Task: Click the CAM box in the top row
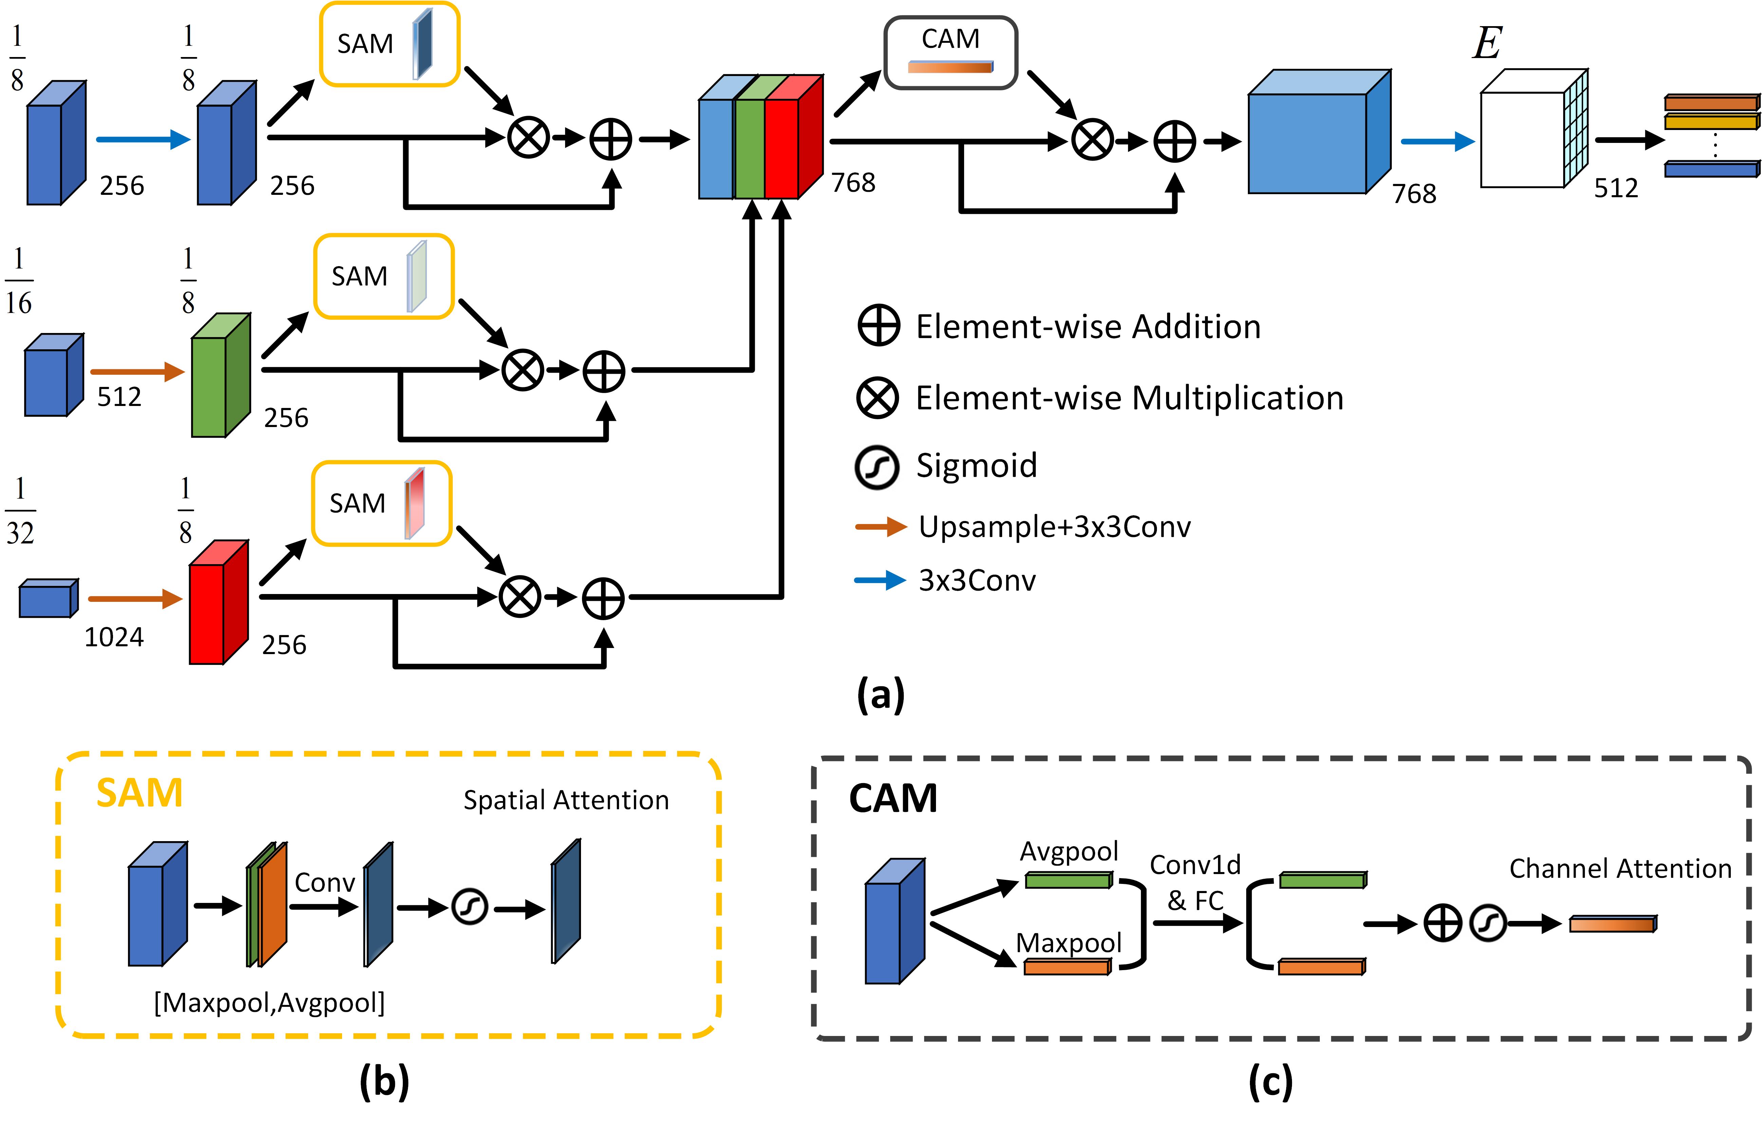[950, 53]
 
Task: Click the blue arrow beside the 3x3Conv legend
[880, 580]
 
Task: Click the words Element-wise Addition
[1088, 327]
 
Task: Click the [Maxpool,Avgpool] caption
[269, 1002]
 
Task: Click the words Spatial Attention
[566, 800]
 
